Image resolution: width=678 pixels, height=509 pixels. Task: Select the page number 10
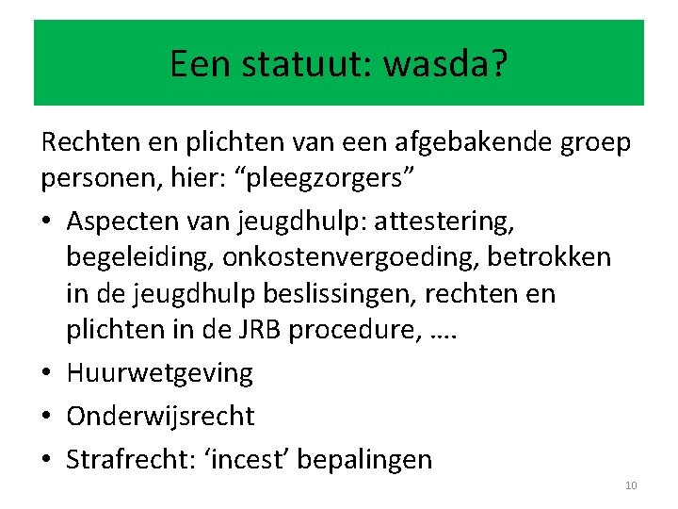coord(631,485)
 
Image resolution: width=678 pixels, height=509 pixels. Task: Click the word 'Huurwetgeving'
coord(160,373)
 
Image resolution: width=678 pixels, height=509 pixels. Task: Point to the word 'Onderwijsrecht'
coord(161,416)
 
